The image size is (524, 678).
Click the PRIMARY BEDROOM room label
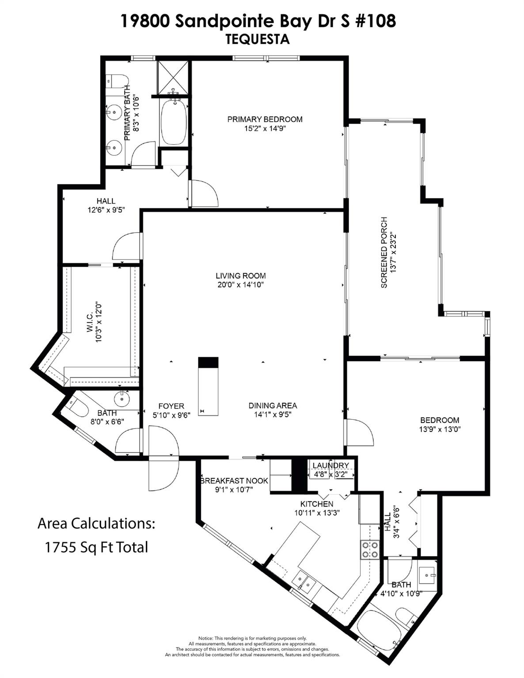[x=265, y=119]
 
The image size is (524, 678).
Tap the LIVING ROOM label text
[x=241, y=276]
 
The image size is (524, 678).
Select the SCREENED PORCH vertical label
[x=384, y=252]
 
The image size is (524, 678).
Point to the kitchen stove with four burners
[x=370, y=550]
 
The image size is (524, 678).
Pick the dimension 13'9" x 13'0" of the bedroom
[x=440, y=429]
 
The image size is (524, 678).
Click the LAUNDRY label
[x=330, y=466]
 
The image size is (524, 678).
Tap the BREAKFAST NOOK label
[x=234, y=481]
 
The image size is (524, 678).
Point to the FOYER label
[x=171, y=406]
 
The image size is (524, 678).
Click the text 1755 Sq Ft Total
[x=96, y=547]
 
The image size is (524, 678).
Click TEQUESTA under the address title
[x=258, y=39]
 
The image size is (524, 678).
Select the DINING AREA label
[x=273, y=406]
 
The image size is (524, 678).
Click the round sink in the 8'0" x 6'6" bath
[x=122, y=399]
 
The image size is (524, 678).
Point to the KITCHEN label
[x=317, y=504]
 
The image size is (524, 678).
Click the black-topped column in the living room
[x=208, y=362]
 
